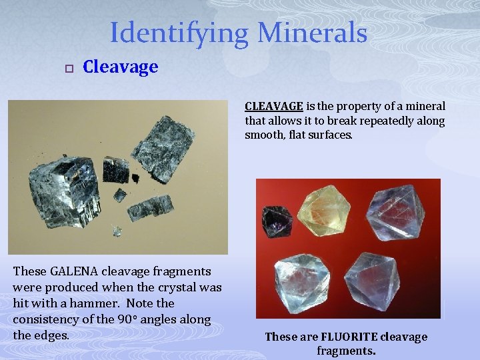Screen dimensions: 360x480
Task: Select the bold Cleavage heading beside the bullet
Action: coord(120,67)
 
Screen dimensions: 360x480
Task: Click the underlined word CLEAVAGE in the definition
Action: coord(274,106)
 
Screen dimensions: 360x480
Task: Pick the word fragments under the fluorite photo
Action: coord(346,350)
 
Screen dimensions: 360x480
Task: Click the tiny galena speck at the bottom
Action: coord(117,231)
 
